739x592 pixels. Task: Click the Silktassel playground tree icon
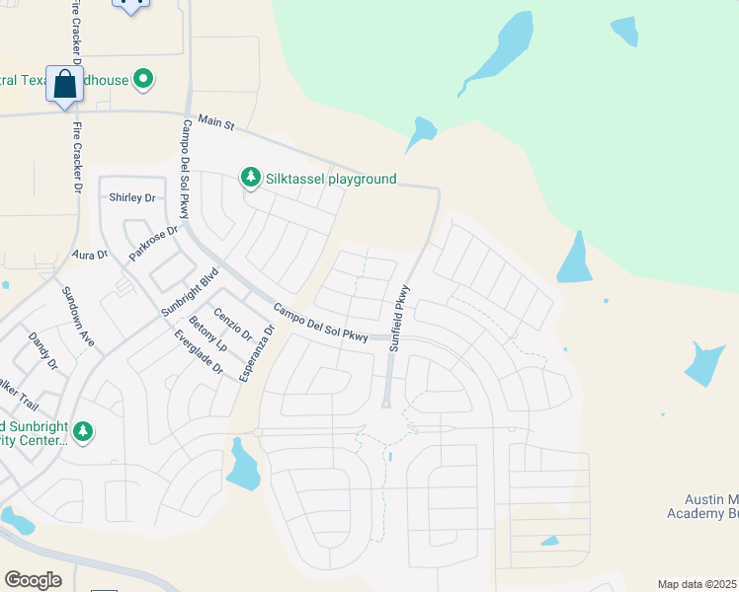(x=251, y=178)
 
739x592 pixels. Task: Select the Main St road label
(x=215, y=123)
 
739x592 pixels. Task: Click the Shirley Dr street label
(x=133, y=197)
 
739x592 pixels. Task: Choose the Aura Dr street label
(x=89, y=255)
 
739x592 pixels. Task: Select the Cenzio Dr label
(x=234, y=320)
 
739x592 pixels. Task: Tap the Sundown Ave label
(x=78, y=316)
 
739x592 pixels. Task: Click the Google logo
(x=33, y=579)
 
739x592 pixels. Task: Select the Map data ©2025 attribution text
(x=697, y=584)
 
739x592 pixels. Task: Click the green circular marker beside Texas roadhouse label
(x=144, y=79)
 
